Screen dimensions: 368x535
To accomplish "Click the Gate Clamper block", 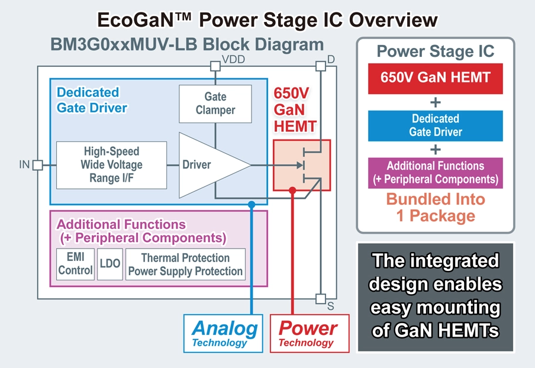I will point(215,104).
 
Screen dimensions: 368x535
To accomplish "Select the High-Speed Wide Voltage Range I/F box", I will point(111,164).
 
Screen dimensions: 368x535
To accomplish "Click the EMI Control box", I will point(75,264).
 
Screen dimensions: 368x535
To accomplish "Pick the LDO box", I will point(110,264).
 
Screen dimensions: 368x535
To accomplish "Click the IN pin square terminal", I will point(37,164).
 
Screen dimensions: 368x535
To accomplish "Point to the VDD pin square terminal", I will point(215,66).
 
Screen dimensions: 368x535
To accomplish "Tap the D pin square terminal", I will point(320,66).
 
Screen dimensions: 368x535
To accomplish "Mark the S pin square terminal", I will point(320,298).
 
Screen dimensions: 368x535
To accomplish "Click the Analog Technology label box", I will point(224,333).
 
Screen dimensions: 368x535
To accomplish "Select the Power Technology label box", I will point(308,333).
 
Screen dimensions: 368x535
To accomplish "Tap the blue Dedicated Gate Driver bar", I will point(435,125).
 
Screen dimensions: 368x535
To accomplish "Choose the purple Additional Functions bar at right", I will point(435,172).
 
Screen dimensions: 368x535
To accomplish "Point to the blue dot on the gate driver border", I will point(252,204).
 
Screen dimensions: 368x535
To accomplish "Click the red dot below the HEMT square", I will point(292,190).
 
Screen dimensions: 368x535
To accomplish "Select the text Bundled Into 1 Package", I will point(435,207).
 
